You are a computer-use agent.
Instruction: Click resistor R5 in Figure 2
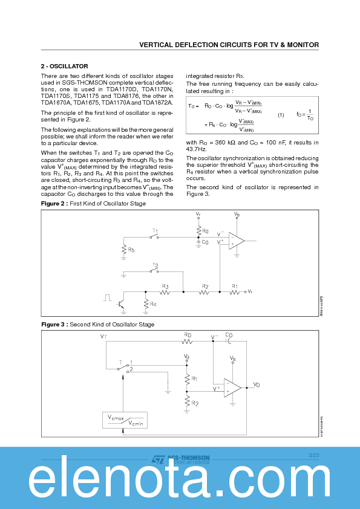coord(124,249)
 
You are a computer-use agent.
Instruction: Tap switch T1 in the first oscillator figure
coord(155,236)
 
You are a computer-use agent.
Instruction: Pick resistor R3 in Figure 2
coord(165,292)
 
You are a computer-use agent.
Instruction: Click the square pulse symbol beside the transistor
coord(107,297)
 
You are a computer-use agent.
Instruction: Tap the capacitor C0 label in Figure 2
coord(205,242)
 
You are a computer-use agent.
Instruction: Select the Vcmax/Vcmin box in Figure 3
coord(126,420)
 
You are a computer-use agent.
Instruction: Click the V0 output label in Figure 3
coord(257,384)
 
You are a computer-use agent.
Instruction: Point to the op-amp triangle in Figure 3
coord(232,387)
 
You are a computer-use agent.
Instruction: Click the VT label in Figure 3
coord(104,336)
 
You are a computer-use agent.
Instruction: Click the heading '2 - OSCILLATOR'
coord(64,66)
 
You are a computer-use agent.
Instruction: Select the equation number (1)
coord(281,115)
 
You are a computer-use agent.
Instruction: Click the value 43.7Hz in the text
coord(196,149)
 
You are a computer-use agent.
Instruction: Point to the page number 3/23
coord(313,455)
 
